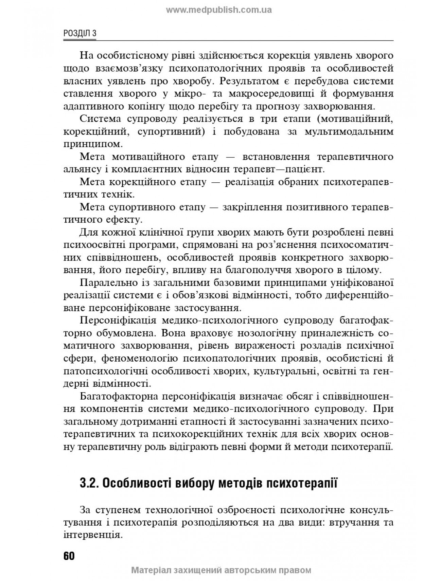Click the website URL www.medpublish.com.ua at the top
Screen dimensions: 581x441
coord(218,10)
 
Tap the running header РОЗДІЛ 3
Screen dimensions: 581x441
coord(80,33)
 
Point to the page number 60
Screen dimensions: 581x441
coord(69,556)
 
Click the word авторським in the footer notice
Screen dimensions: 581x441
coord(248,570)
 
